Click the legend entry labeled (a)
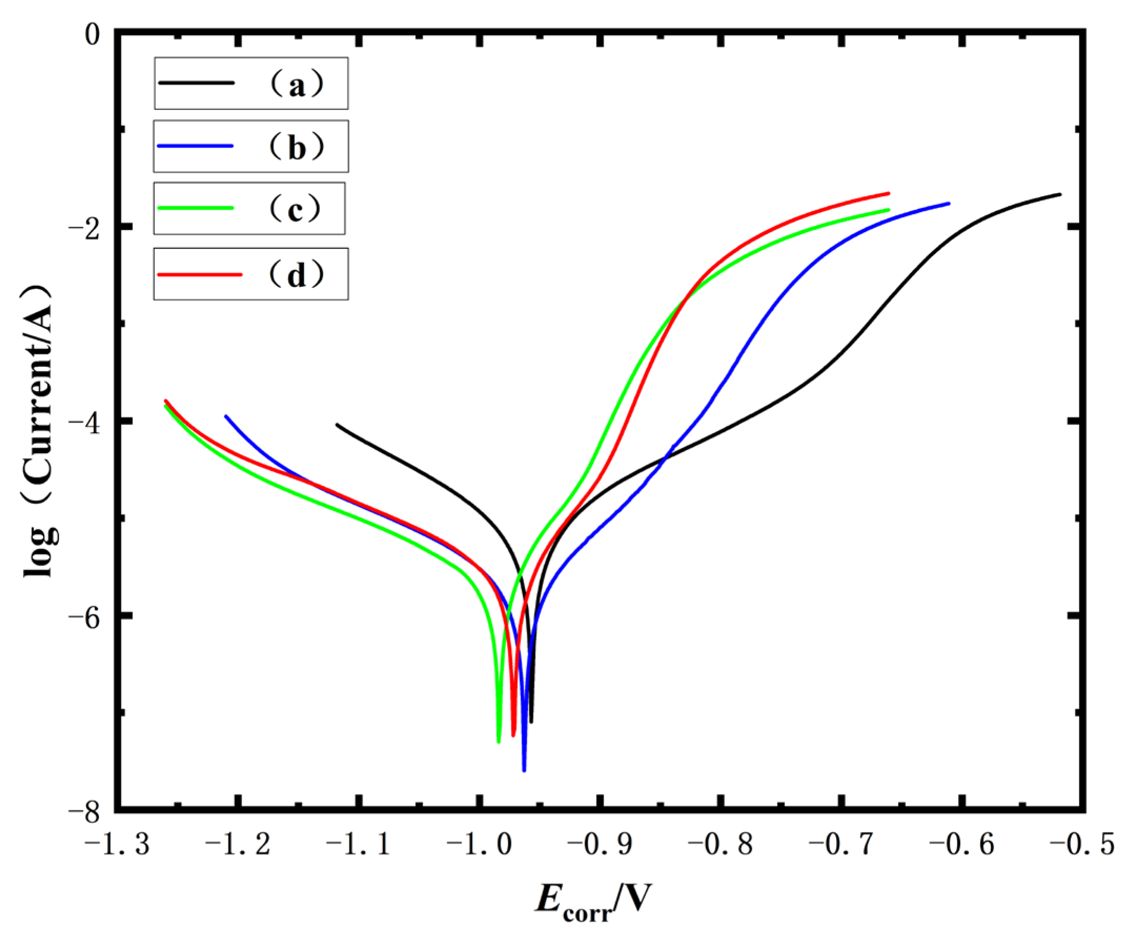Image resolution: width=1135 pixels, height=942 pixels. click(251, 83)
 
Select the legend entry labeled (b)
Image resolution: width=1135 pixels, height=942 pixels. click(251, 146)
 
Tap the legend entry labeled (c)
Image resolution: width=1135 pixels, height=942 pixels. click(249, 208)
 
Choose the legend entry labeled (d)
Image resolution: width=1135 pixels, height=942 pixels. click(251, 274)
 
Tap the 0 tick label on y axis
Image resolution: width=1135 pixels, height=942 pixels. click(93, 35)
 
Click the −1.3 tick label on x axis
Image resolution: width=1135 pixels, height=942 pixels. click(117, 844)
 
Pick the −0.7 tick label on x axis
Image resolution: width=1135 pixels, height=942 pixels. click(841, 844)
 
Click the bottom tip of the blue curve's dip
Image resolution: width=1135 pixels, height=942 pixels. click(524, 770)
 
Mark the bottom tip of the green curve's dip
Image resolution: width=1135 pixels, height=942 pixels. click(498, 741)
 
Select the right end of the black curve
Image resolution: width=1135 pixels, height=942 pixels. click(1060, 194)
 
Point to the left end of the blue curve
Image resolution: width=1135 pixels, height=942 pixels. click(225, 416)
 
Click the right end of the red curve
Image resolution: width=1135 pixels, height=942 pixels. click(889, 193)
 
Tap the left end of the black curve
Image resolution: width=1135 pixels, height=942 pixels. click(337, 425)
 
